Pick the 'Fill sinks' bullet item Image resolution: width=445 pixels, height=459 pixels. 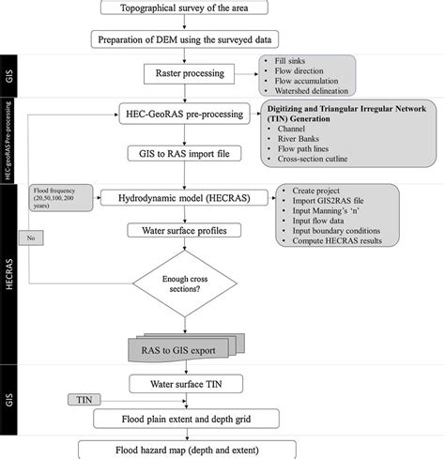click(x=290, y=61)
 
